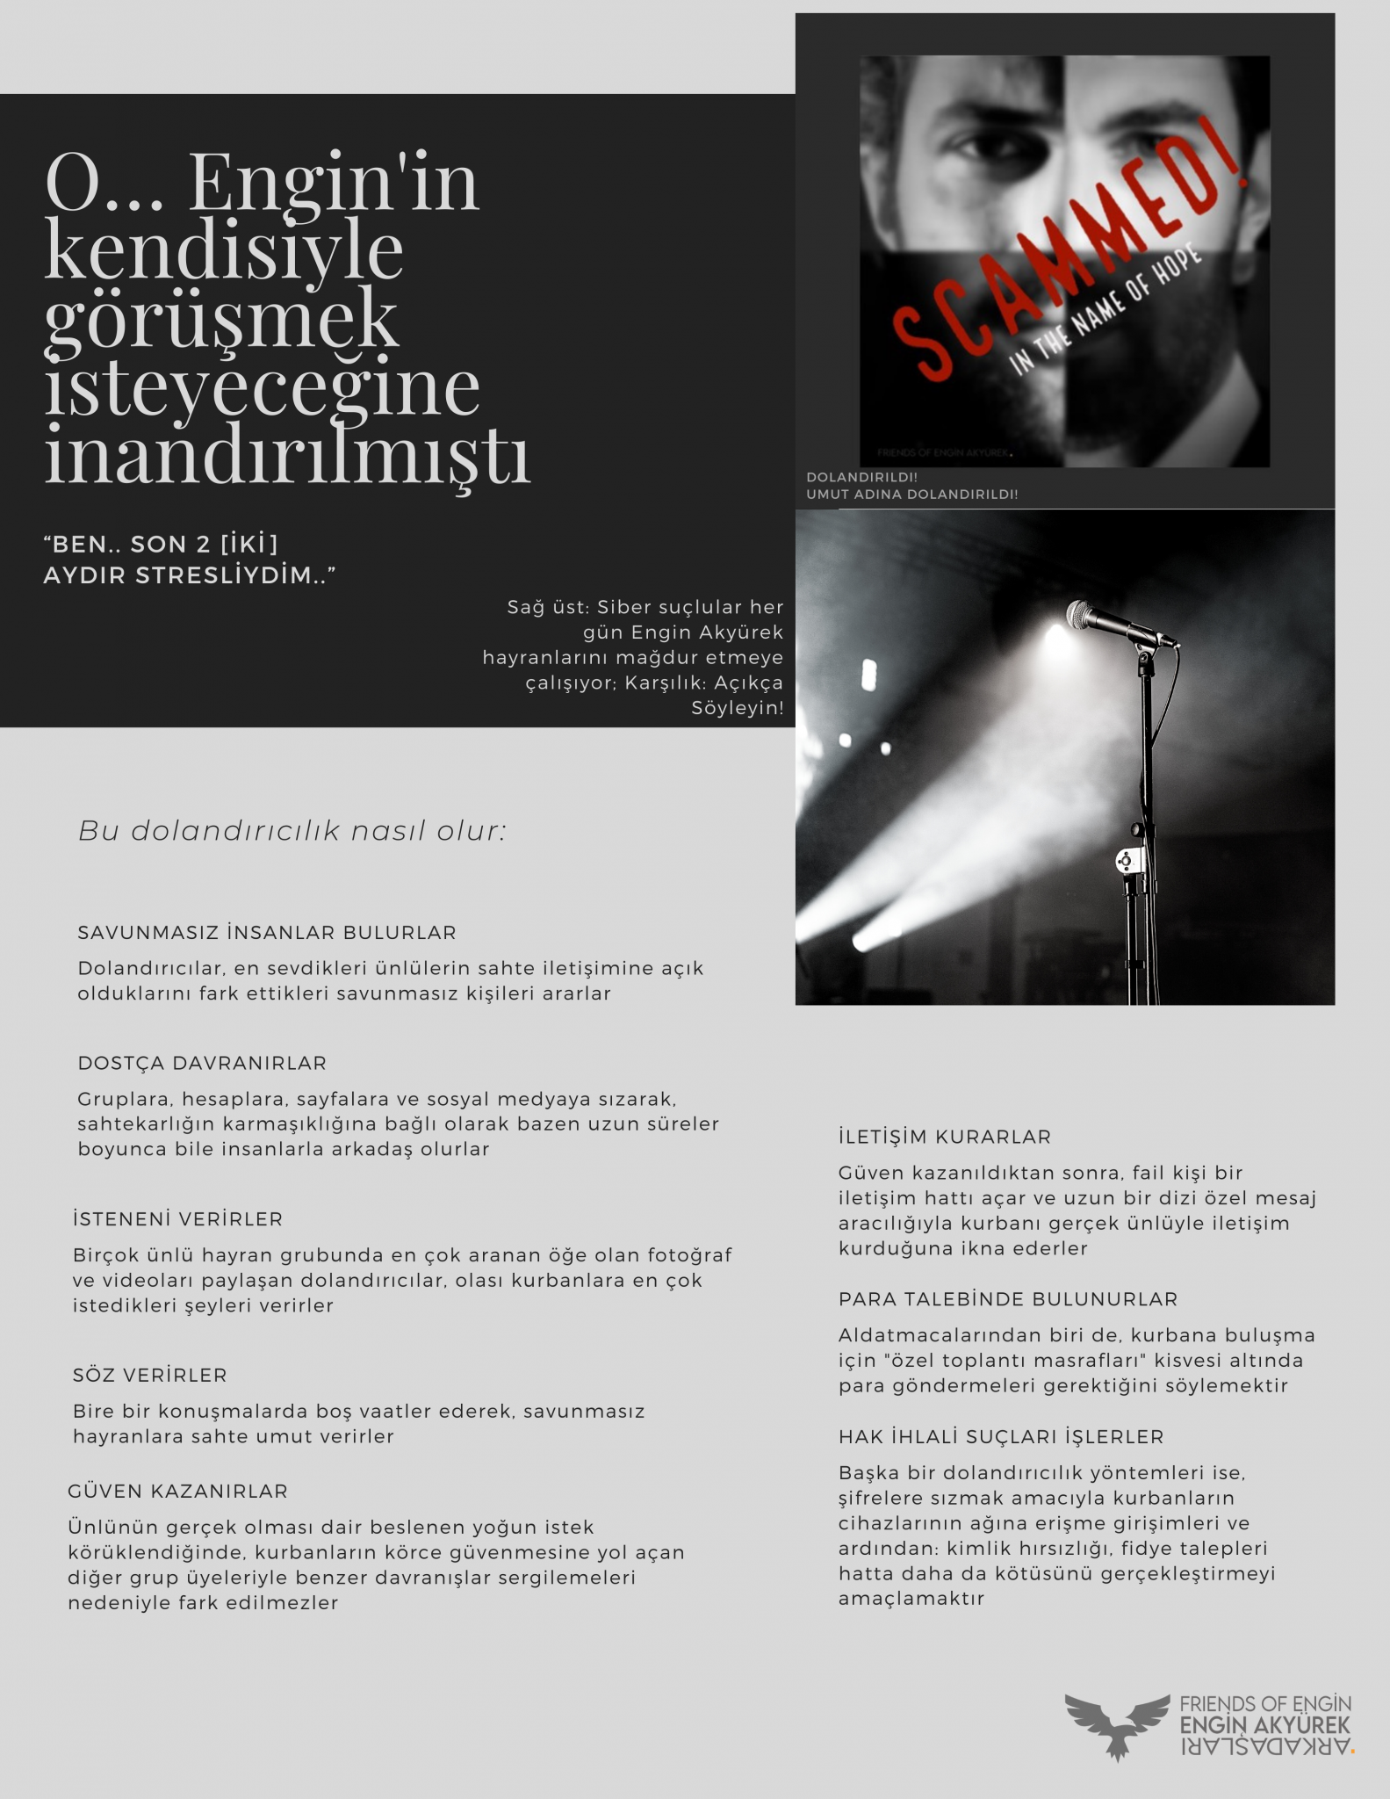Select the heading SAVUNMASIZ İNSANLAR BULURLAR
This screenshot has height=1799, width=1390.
click(x=267, y=933)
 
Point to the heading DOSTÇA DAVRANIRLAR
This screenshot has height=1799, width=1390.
click(x=202, y=1063)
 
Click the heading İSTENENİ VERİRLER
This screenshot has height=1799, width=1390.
click(x=177, y=1219)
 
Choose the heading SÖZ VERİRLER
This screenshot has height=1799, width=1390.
click(x=149, y=1376)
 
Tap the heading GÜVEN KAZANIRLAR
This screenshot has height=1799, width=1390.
click(x=178, y=1492)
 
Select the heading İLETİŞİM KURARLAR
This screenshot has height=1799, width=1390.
click(x=945, y=1137)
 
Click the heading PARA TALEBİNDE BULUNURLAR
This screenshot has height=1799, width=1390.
click(x=1008, y=1299)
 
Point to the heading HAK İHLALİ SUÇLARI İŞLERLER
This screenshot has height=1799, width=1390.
click(x=1001, y=1437)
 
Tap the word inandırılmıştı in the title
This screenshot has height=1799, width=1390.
click(x=287, y=455)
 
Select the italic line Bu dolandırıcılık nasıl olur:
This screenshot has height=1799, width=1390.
click(x=292, y=831)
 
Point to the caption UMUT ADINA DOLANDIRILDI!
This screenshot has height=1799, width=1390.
click(x=912, y=495)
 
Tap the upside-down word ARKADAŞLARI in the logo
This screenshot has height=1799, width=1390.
click(x=1264, y=1750)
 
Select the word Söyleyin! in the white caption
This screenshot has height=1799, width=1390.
click(x=737, y=708)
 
